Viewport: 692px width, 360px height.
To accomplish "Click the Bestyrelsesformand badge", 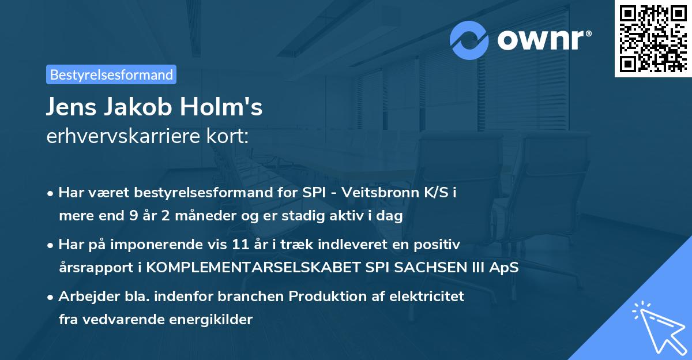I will click(x=111, y=74).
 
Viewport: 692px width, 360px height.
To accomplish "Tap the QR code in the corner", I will click(x=652, y=38).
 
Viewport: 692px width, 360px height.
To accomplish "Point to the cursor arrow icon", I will click(x=657, y=325).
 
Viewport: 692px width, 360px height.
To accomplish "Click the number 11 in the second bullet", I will click(x=241, y=245).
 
